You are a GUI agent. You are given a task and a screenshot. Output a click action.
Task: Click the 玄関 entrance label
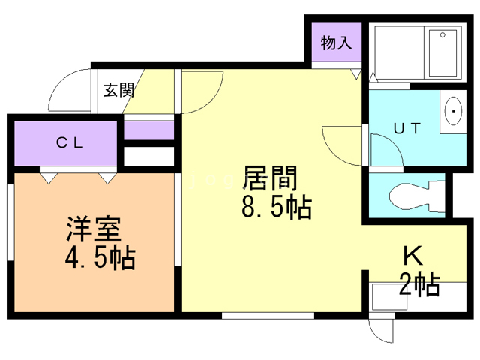coord(118,91)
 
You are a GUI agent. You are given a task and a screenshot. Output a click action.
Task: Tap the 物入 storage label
coord(336,43)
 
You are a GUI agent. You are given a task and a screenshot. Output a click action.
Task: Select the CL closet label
coord(72,142)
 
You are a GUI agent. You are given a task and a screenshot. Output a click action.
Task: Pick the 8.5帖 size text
coord(276,207)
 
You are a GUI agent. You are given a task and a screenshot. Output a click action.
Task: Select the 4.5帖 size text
coord(99,259)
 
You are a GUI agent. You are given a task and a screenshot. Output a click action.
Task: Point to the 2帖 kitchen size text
coord(419,286)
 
